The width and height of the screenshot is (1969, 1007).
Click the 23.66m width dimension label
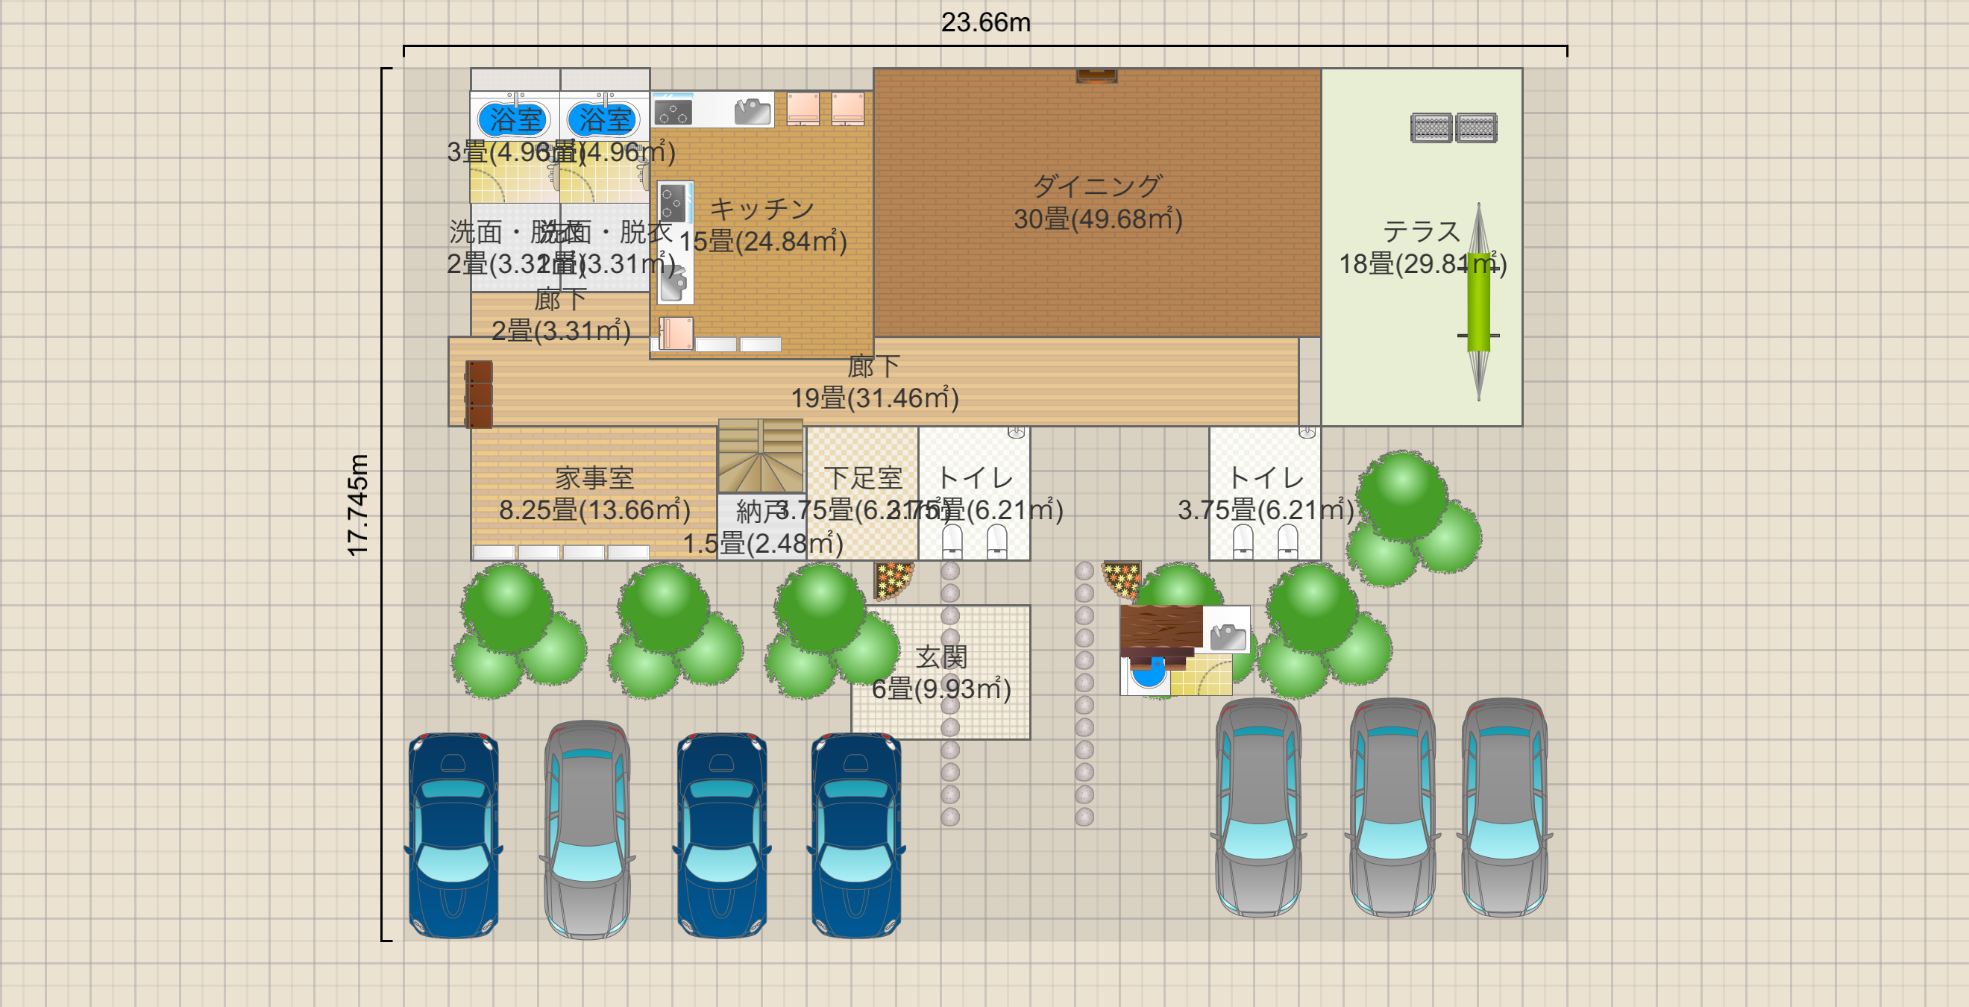pyautogui.click(x=985, y=23)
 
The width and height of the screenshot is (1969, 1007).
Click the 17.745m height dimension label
pyautogui.click(x=358, y=505)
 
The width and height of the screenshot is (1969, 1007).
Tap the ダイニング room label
pyautogui.click(x=1097, y=186)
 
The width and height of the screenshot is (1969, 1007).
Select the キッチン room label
pyautogui.click(x=762, y=209)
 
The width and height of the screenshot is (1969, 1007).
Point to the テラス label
pyautogui.click(x=1421, y=231)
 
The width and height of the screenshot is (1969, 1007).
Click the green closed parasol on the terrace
pyautogui.click(x=1478, y=302)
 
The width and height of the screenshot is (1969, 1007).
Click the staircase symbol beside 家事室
pyautogui.click(x=761, y=456)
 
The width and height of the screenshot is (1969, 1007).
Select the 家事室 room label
pyautogui.click(x=594, y=478)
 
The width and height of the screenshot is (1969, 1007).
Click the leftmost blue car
pyautogui.click(x=453, y=835)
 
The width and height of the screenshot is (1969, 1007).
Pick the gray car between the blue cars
pyautogui.click(x=587, y=829)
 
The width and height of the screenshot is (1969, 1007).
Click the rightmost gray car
pyautogui.click(x=1504, y=808)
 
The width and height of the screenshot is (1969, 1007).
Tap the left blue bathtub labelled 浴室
pyautogui.click(x=515, y=119)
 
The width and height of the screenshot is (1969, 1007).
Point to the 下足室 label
pyautogui.click(x=863, y=478)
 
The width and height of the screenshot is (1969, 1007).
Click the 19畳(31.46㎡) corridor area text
pyautogui.click(x=874, y=398)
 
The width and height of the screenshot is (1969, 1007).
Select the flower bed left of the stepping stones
pyautogui.click(x=893, y=580)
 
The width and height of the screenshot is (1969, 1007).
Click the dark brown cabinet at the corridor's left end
pyautogui.click(x=480, y=395)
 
